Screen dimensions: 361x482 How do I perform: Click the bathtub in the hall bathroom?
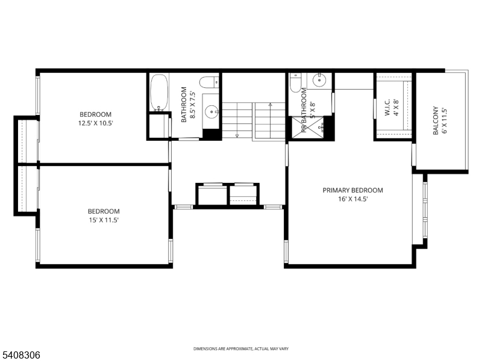coord(160,93)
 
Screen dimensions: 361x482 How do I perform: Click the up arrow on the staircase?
coord(271,105)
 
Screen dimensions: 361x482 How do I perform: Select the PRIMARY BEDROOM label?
coord(352,190)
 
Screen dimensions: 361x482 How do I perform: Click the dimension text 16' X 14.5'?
coord(352,199)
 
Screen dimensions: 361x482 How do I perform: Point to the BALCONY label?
coord(436,121)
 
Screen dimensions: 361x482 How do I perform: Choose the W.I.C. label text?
coord(388,108)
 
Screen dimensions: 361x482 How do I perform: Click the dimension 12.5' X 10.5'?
coord(96,123)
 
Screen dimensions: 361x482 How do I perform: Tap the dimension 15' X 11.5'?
coord(104,220)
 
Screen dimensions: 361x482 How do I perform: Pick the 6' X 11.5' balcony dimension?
coord(445,121)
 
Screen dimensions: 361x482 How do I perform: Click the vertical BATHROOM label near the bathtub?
coord(184,106)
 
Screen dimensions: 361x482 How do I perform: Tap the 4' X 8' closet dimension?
coord(396,108)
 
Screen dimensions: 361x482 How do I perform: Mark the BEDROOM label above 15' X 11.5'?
coord(104,211)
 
